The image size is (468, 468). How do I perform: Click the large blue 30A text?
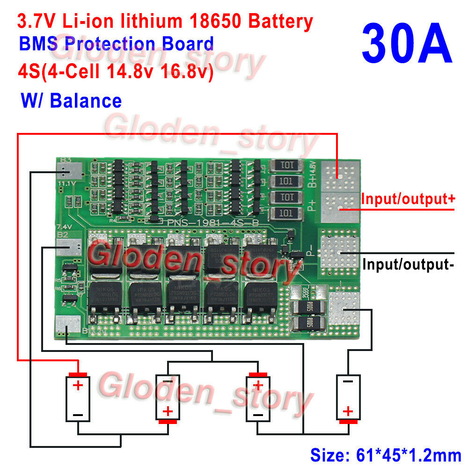point(407,44)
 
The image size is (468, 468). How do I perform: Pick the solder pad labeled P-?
point(340,252)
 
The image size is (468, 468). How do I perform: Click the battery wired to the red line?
point(78,398)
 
